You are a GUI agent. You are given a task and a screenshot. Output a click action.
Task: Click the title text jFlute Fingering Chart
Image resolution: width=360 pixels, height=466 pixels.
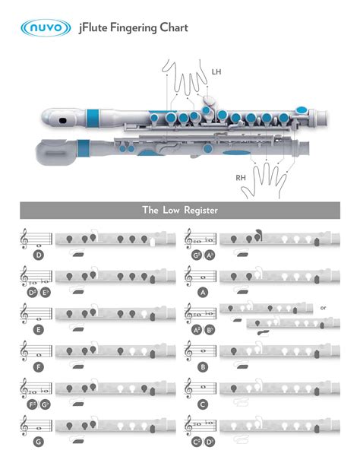(133, 28)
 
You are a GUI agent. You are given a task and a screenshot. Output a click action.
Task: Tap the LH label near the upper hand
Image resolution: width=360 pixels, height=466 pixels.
(216, 71)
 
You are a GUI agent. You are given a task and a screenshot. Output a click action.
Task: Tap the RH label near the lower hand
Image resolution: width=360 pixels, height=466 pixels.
(242, 177)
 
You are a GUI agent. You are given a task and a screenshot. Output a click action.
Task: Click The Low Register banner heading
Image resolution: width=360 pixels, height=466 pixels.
(179, 211)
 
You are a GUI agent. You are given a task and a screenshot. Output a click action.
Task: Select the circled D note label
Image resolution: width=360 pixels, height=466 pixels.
(38, 255)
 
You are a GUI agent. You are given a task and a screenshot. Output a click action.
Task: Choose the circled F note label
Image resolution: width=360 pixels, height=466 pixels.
(38, 366)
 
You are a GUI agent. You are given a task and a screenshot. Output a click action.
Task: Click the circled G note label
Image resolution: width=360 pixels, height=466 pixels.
(38, 441)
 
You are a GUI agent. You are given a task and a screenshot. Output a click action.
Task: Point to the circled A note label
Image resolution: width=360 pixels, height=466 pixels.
(202, 292)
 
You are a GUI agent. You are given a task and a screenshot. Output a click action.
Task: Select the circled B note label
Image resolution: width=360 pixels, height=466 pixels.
(202, 366)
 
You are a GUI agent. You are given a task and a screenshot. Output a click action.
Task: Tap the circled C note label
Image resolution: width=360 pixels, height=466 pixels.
(202, 404)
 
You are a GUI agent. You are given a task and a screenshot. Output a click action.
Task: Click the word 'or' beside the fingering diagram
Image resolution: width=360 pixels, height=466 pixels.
(323, 308)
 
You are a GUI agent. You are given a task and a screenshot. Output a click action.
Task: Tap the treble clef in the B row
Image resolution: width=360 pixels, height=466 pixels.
(190, 351)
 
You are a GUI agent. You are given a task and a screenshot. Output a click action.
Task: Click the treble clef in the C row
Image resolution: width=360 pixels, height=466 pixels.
(190, 388)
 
